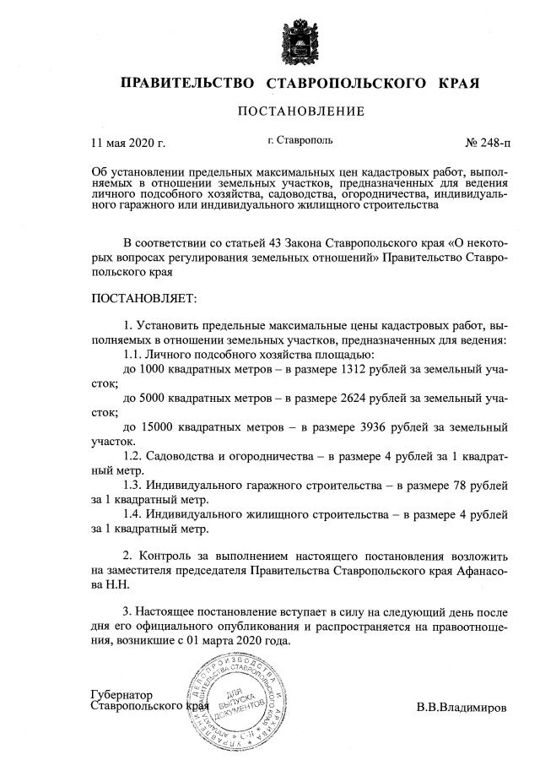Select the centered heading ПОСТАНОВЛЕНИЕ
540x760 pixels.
pyautogui.click(x=300, y=111)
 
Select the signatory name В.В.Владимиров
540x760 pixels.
pyautogui.click(x=462, y=707)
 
